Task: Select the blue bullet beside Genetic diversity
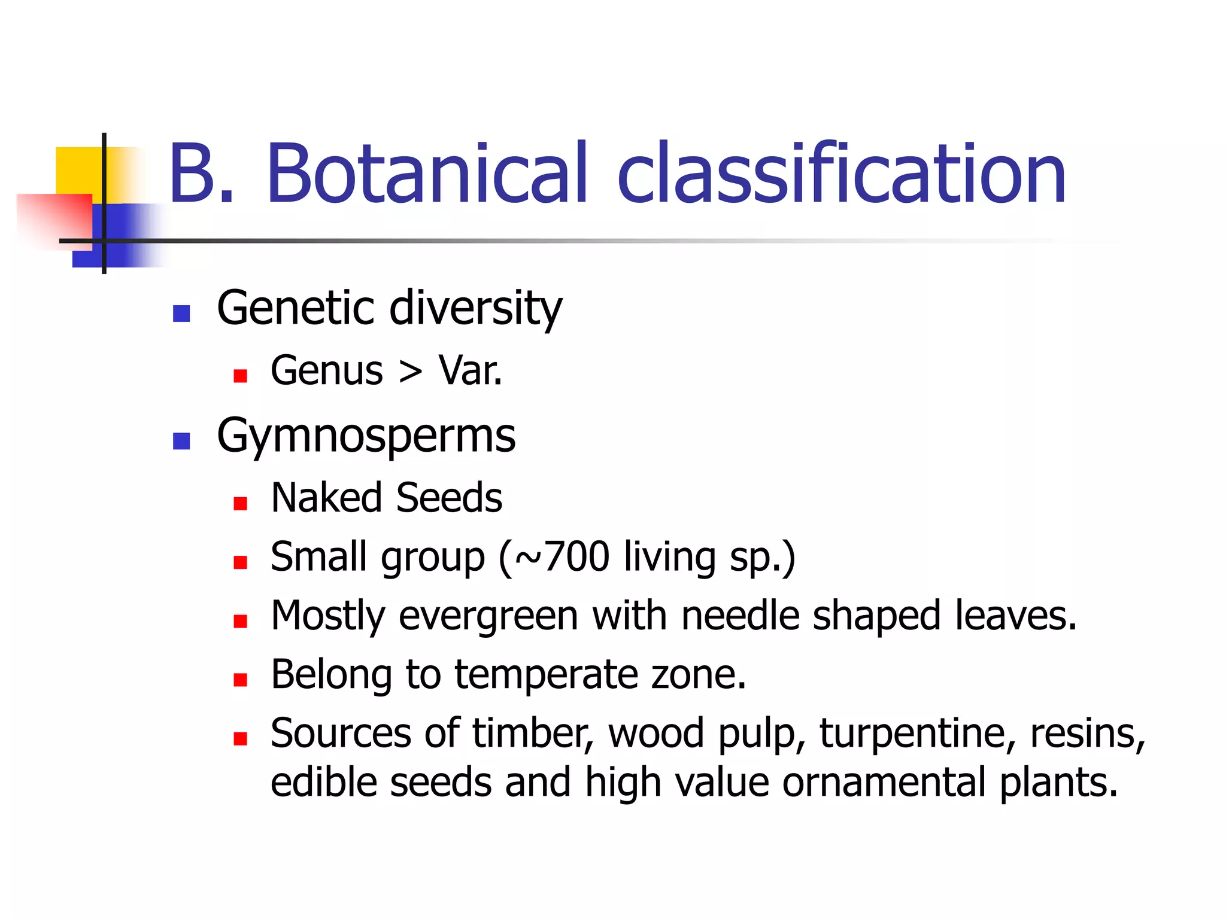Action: point(181,314)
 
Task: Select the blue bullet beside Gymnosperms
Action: point(181,441)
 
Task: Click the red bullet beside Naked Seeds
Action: point(241,503)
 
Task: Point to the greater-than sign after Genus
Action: point(411,372)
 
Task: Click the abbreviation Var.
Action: point(471,371)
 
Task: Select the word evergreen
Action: point(488,616)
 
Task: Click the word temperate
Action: point(546,675)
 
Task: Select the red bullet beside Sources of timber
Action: point(241,739)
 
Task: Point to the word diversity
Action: point(476,309)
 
